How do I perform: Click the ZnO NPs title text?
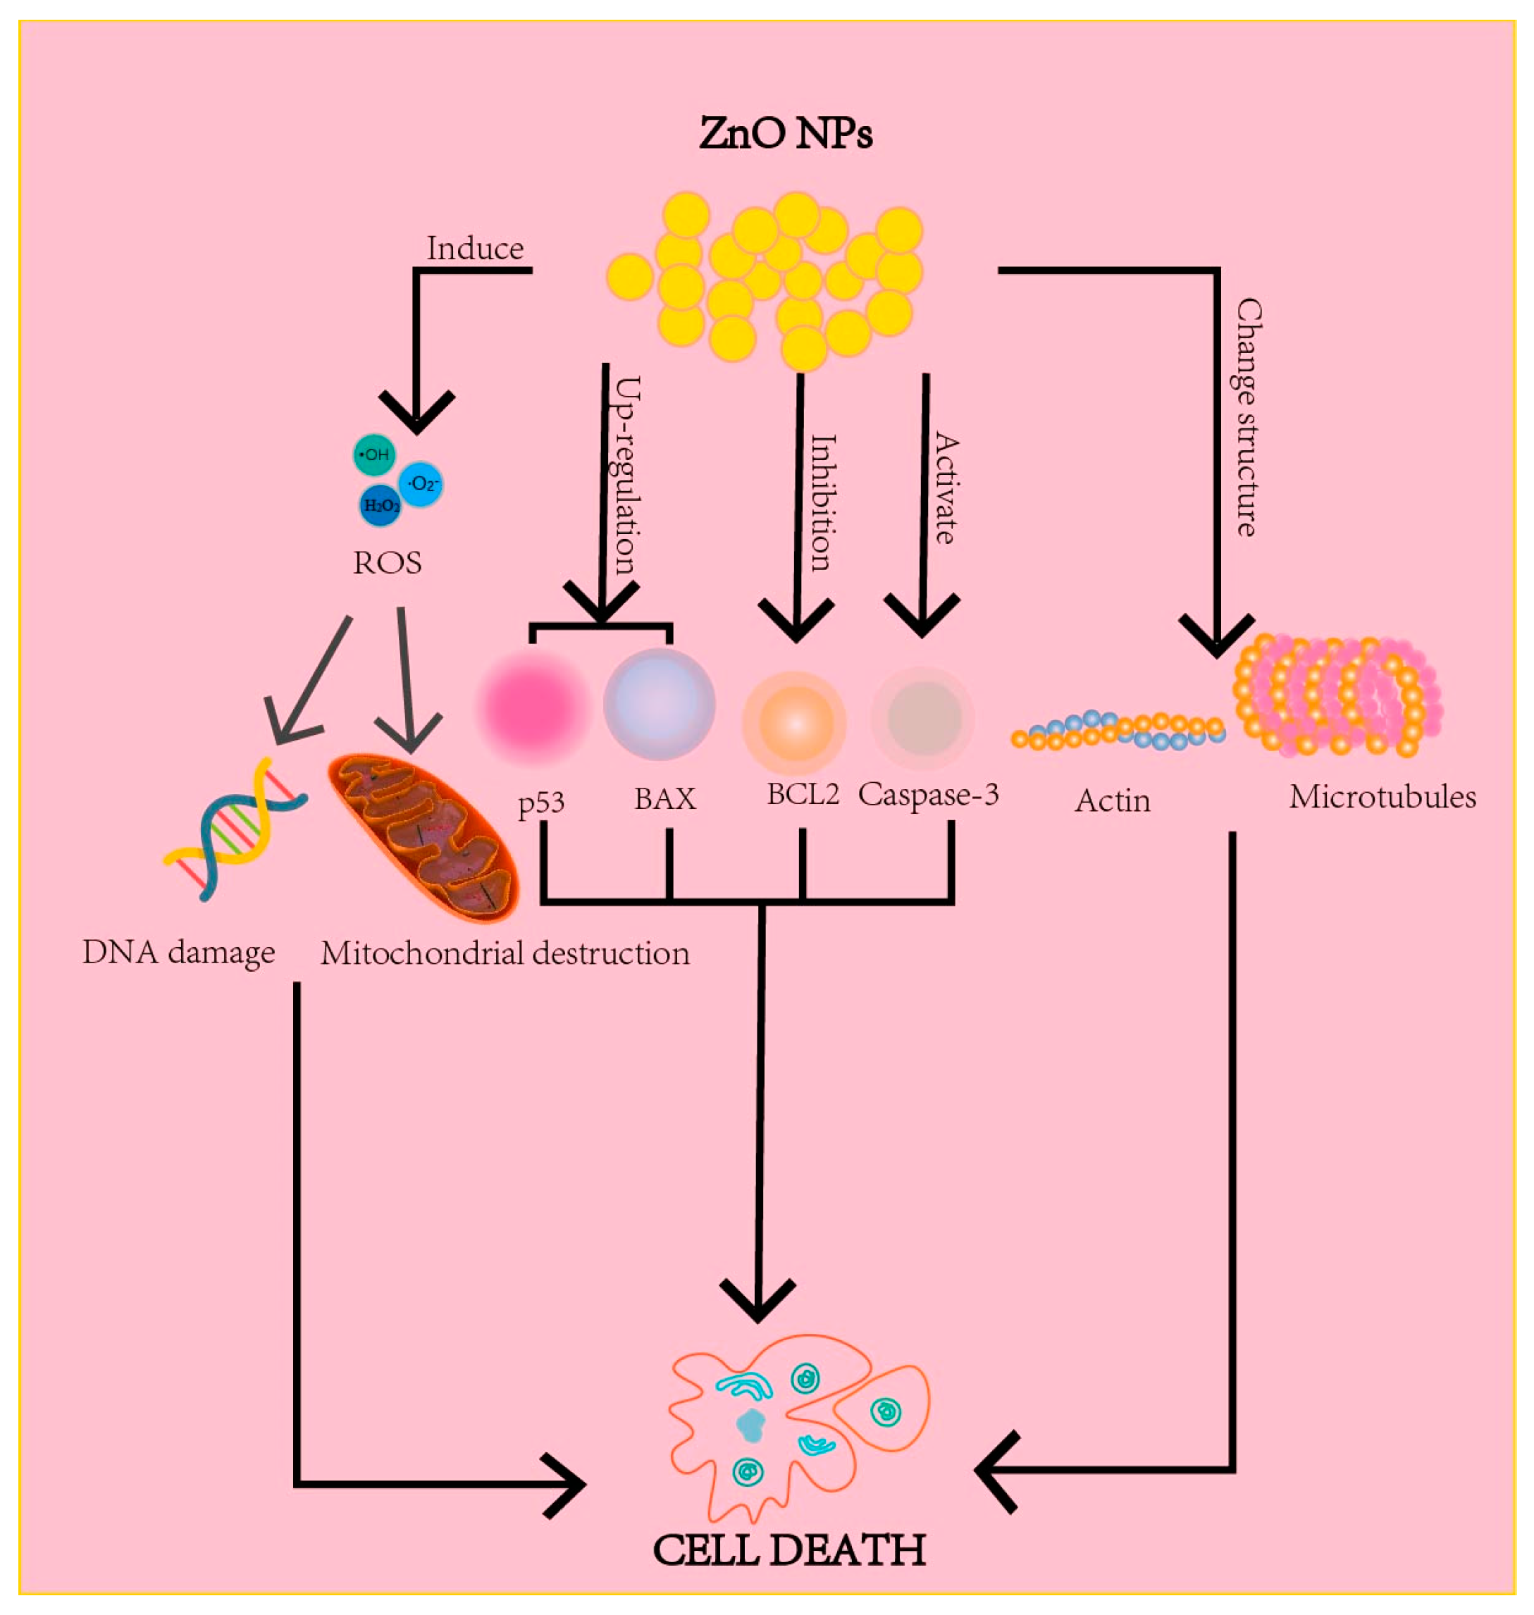click(786, 133)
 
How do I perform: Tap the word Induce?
click(475, 249)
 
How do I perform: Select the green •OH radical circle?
click(374, 454)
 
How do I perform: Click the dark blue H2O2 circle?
click(381, 505)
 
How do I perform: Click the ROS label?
click(388, 562)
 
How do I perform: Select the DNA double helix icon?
click(235, 829)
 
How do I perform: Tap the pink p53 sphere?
click(534, 707)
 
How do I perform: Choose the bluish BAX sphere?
click(659, 704)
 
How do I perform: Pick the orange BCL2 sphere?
click(794, 723)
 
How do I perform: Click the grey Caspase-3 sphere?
click(923, 718)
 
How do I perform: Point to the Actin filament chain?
click(1118, 731)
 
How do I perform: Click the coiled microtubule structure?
click(1337, 695)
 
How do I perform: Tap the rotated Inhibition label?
click(822, 502)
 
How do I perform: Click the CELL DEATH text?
click(789, 1549)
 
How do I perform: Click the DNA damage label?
click(178, 953)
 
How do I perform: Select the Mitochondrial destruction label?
click(505, 953)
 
